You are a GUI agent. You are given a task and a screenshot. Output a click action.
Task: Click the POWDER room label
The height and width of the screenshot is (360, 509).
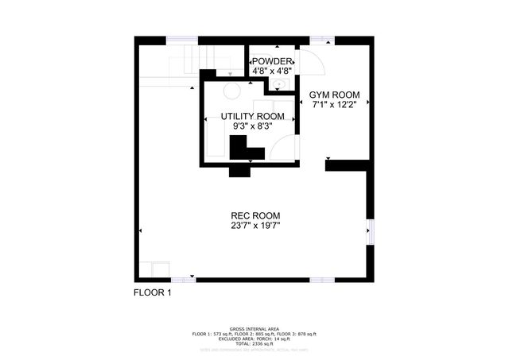pyautogui.click(x=272, y=61)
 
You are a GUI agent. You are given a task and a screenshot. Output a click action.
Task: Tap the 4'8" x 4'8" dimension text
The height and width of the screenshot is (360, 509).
pyautogui.click(x=272, y=71)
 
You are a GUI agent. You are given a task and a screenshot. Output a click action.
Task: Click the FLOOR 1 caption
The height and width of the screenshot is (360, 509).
pyautogui.click(x=151, y=293)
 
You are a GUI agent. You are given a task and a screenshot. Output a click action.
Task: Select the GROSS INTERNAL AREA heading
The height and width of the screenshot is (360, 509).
pyautogui.click(x=254, y=328)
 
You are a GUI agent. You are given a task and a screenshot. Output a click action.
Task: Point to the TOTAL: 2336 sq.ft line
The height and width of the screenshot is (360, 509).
pyautogui.click(x=254, y=342)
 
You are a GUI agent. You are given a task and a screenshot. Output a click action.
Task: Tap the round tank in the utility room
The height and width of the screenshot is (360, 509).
pyautogui.click(x=231, y=90)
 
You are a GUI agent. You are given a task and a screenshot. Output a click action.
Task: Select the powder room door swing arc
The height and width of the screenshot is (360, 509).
pyautogui.click(x=308, y=64)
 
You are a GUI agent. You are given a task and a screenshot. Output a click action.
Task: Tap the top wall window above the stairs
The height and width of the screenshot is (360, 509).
pyautogui.click(x=182, y=39)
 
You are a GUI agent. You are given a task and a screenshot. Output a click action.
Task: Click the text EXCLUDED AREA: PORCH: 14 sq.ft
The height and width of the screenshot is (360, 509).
pyautogui.click(x=254, y=337)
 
